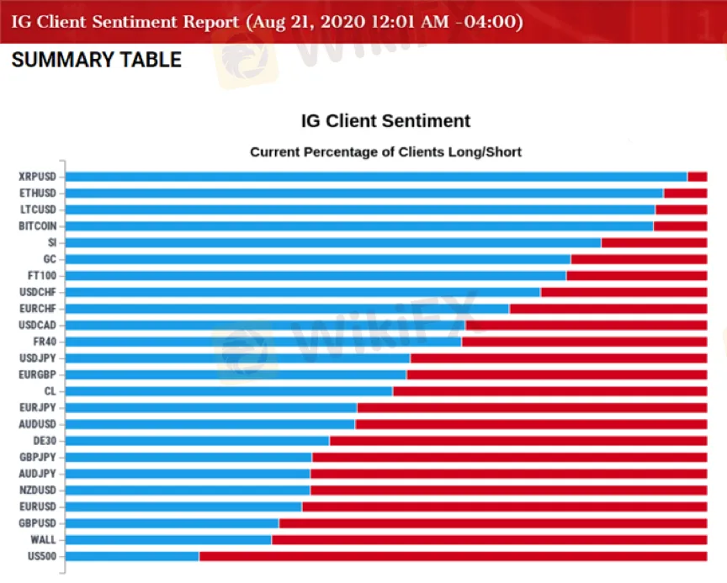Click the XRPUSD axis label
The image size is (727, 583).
[37, 177]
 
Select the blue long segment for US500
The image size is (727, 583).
[132, 556]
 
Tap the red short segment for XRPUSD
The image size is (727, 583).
[697, 177]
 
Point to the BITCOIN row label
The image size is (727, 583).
[38, 226]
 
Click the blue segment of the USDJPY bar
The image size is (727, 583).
[237, 358]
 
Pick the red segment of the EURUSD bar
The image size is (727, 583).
[504, 506]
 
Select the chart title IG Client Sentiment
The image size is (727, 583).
[385, 120]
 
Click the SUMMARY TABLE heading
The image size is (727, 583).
[97, 60]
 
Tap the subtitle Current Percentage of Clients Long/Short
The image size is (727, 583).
[385, 152]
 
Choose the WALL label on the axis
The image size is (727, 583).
[43, 539]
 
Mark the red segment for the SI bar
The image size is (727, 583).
[654, 242]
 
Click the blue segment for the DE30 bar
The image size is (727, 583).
[198, 441]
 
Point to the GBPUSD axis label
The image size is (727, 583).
[38, 523]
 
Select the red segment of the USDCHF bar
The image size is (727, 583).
[624, 292]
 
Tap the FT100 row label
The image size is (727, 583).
[41, 276]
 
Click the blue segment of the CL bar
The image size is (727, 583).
[229, 391]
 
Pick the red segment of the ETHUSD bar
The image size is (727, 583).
[685, 193]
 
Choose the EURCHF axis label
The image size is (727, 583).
[38, 309]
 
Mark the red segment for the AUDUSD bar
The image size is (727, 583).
[531, 424]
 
